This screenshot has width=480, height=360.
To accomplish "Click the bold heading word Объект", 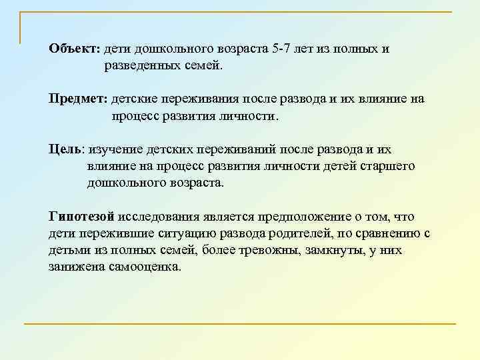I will [73, 49].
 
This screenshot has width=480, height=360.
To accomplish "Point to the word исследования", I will [156, 216].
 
